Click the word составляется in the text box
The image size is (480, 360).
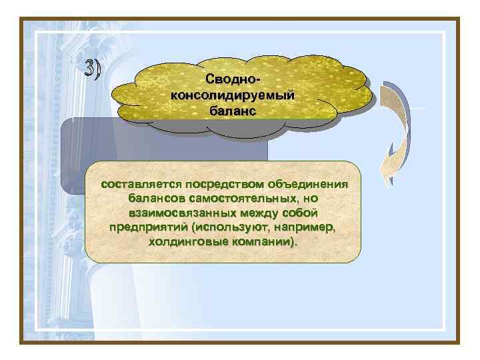(x=141, y=183)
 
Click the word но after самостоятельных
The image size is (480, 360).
(x=308, y=198)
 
